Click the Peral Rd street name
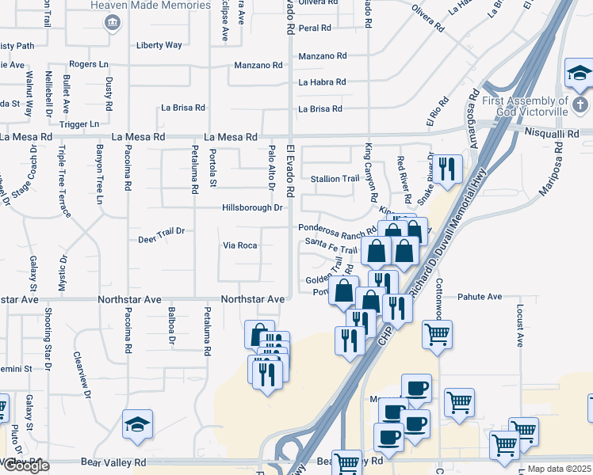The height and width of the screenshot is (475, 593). [314, 28]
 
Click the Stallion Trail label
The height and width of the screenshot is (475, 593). [334, 179]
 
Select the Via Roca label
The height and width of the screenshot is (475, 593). [239, 245]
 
